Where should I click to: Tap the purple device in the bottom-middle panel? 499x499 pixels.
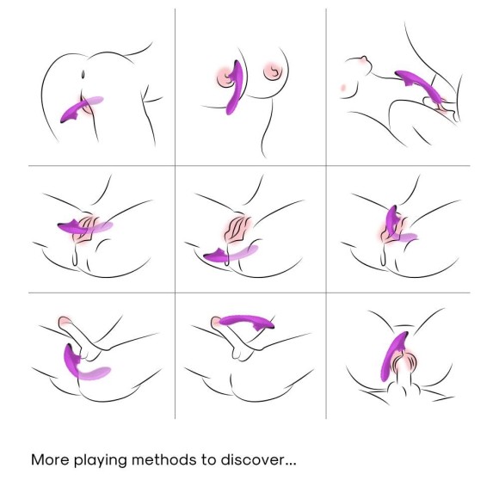coord(245,320)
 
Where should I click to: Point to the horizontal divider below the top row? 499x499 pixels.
coord(249,166)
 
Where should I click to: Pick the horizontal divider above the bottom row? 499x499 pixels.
coord(249,293)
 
